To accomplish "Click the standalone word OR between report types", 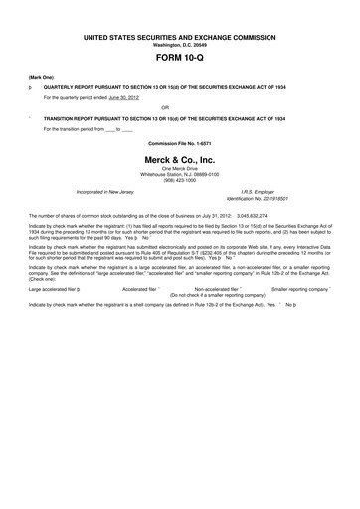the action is [180, 107].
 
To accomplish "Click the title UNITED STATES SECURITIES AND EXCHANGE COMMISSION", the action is [180, 36].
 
